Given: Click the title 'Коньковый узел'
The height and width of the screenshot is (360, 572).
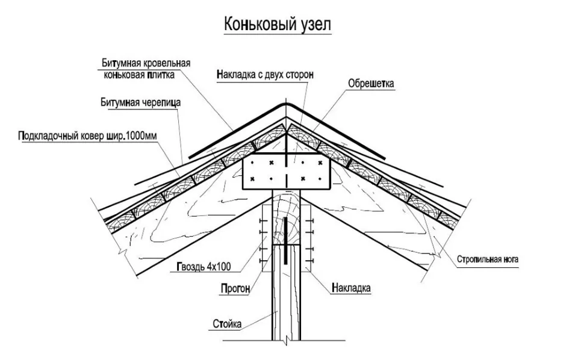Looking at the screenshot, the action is (x=277, y=25).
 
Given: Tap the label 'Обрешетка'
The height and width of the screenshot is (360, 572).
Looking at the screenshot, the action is (x=371, y=84).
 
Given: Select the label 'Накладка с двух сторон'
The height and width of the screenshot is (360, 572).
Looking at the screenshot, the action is (x=265, y=75).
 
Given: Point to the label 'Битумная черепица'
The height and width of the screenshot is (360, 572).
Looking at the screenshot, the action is (x=140, y=102).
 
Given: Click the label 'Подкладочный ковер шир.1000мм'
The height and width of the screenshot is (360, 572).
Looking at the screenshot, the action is (x=87, y=136).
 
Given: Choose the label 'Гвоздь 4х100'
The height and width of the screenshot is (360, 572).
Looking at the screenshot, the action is (x=204, y=267).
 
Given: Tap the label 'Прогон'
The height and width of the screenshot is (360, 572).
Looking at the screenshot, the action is (x=235, y=288).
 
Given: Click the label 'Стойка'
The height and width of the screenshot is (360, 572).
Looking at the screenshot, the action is (x=227, y=323).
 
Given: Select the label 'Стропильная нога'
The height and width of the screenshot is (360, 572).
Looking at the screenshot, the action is (x=487, y=259).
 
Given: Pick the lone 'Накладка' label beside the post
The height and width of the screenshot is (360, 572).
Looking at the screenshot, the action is (x=351, y=288).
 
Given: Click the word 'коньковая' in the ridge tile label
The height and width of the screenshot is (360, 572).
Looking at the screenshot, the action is (x=123, y=75).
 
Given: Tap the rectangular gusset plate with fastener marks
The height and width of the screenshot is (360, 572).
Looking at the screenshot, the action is (x=287, y=171).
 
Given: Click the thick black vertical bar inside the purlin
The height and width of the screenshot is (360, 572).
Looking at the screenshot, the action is (x=285, y=240).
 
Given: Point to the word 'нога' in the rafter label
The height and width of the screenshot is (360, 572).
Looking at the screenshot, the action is (x=509, y=259).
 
